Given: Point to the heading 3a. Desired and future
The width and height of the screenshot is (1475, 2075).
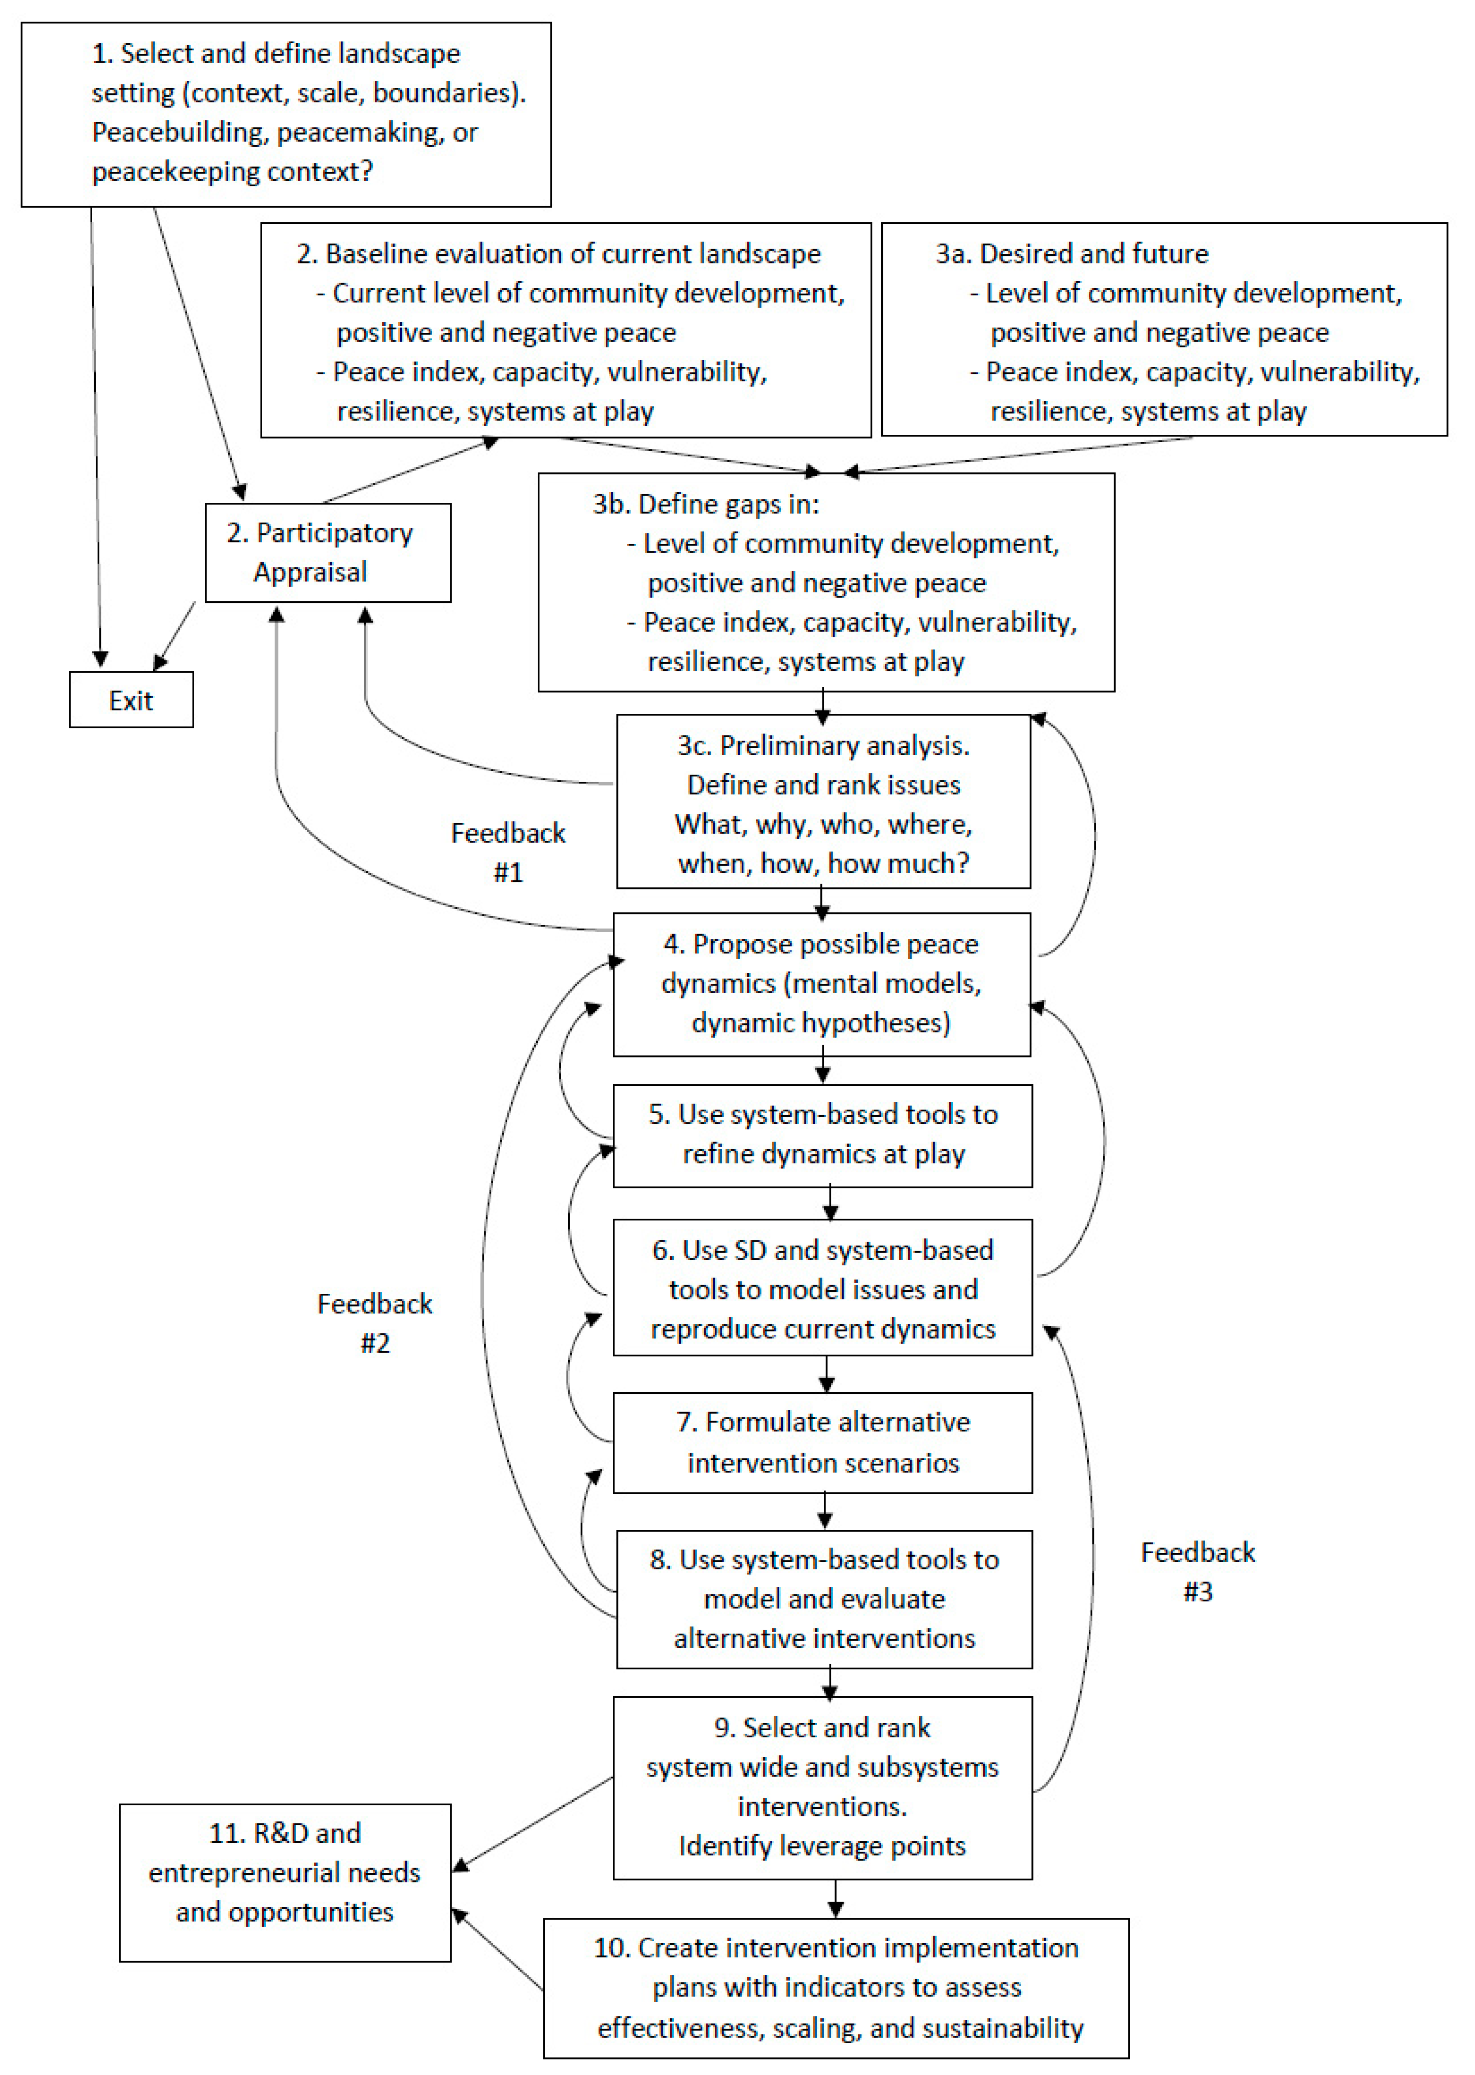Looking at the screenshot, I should (1072, 253).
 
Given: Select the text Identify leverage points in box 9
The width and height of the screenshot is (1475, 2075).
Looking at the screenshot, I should (822, 1845).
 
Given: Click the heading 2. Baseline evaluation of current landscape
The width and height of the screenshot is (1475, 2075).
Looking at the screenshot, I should (558, 253).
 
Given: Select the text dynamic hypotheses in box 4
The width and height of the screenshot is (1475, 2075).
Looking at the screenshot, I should (821, 1023).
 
